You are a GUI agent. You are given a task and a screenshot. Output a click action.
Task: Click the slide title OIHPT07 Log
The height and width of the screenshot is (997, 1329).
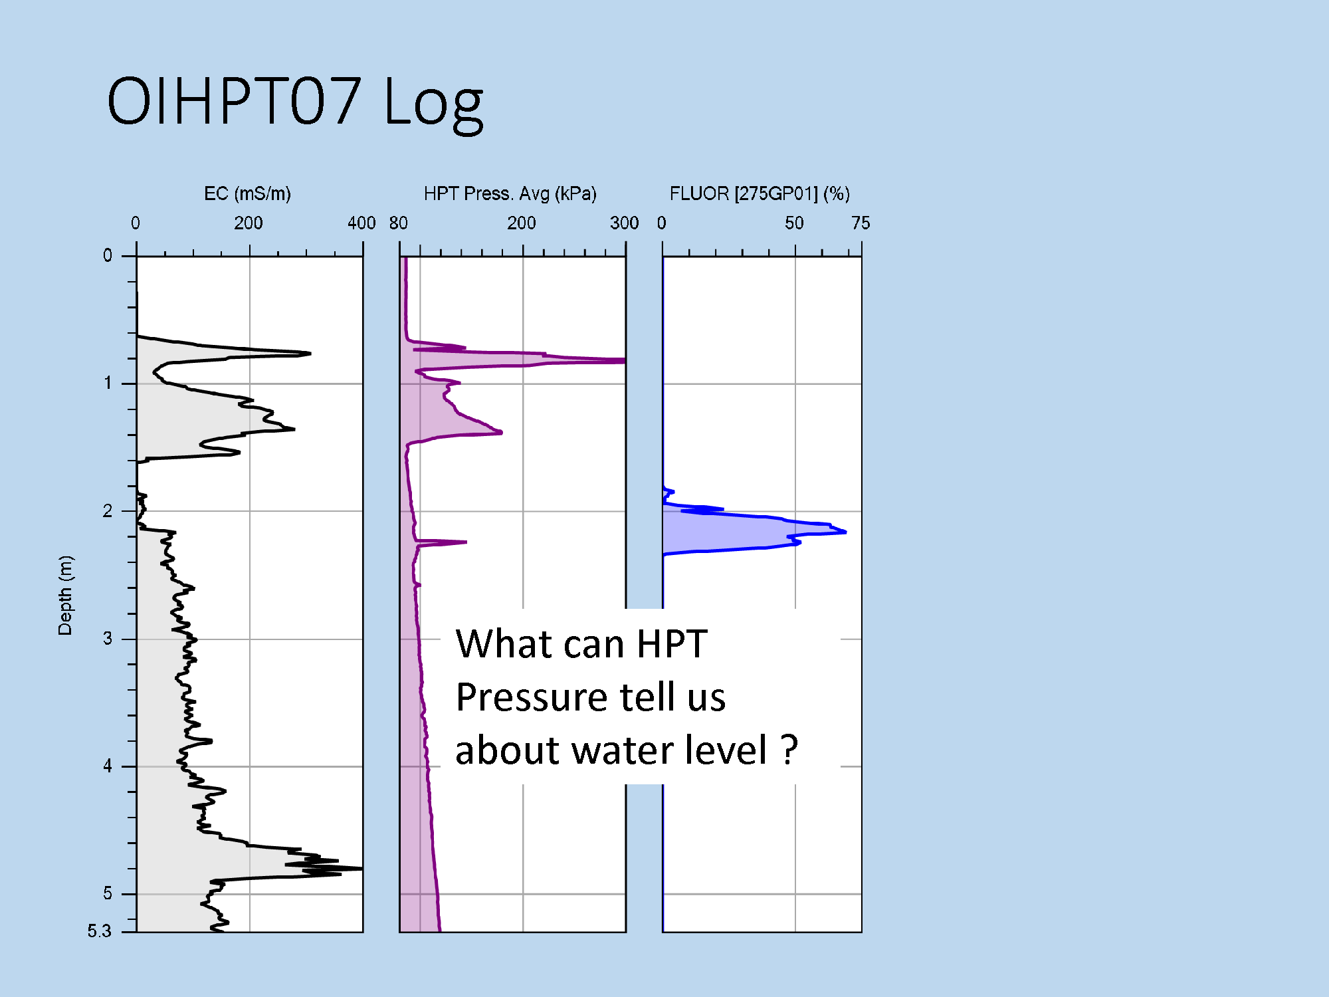(x=295, y=101)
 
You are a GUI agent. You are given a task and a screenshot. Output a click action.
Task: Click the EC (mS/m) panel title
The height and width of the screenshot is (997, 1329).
(x=247, y=193)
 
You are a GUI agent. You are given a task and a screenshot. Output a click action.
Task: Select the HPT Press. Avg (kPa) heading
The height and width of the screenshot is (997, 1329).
(x=510, y=193)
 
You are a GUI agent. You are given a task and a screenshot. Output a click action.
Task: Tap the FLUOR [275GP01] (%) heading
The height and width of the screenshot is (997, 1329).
(x=760, y=193)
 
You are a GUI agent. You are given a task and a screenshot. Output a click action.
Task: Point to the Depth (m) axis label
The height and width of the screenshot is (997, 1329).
(x=65, y=596)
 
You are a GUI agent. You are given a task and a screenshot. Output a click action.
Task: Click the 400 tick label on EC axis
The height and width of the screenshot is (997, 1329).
(x=361, y=223)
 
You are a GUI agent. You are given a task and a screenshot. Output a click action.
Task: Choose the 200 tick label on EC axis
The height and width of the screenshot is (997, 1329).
(x=248, y=223)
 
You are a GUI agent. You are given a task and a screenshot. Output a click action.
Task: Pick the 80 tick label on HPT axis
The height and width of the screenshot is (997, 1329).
(x=399, y=223)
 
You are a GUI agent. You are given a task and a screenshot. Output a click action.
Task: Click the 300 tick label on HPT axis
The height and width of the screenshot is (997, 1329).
(x=624, y=223)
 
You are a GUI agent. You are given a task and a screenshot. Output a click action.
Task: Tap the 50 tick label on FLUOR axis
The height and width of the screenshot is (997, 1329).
(x=794, y=223)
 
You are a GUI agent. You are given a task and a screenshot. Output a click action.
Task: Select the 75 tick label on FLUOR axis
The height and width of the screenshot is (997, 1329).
(x=861, y=223)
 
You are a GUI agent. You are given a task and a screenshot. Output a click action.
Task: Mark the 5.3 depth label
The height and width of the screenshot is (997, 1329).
(x=99, y=931)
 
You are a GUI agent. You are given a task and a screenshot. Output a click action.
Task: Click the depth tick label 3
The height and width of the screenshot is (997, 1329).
(x=108, y=639)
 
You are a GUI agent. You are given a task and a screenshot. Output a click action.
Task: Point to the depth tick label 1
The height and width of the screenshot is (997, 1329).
(x=108, y=383)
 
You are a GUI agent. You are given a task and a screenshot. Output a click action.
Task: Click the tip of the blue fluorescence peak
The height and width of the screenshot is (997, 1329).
(x=845, y=532)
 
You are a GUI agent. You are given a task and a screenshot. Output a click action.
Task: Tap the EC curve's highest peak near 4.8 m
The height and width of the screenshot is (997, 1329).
(x=361, y=868)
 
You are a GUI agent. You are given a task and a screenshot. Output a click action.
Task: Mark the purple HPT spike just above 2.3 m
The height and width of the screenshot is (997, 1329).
(x=466, y=542)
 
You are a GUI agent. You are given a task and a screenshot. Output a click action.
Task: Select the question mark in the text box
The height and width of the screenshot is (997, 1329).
(x=789, y=750)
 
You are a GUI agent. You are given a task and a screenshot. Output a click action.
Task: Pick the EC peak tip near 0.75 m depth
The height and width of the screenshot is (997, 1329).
(x=310, y=353)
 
